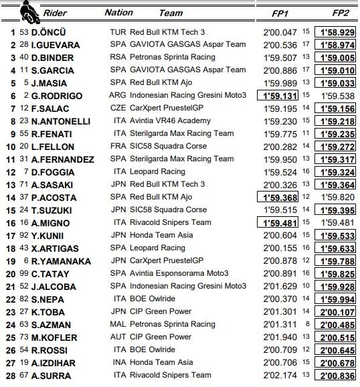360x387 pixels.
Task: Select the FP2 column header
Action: point(333,12)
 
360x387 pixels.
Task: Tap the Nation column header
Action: point(118,12)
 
